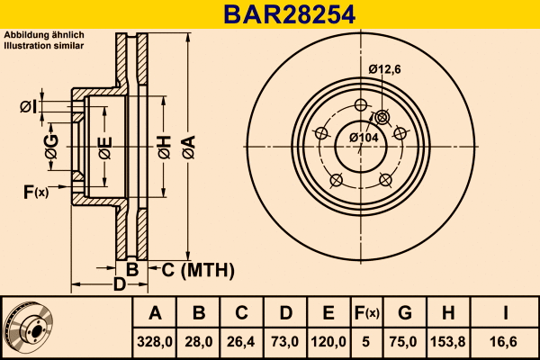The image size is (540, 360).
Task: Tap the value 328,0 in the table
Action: (155, 341)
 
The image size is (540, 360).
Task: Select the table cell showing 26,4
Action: (241, 341)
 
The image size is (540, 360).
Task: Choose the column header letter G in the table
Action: (405, 313)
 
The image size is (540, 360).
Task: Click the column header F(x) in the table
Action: (367, 313)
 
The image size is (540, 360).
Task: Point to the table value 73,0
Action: (284, 341)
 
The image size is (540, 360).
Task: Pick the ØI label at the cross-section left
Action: (28, 107)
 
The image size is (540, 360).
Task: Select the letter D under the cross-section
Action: (118, 286)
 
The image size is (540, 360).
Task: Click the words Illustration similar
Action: (44, 44)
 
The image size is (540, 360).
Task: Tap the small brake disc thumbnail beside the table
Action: (28, 327)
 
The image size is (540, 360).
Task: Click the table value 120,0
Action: (328, 341)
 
